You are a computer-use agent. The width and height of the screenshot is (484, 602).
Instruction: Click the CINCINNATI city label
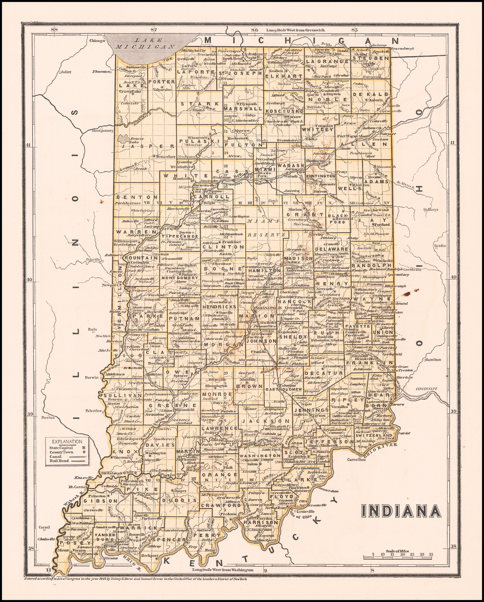click(428, 389)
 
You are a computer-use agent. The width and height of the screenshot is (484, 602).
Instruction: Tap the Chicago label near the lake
click(96, 41)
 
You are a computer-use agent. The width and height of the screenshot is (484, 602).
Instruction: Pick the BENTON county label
click(133, 197)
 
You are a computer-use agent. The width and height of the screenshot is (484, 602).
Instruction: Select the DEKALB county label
click(376, 95)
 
